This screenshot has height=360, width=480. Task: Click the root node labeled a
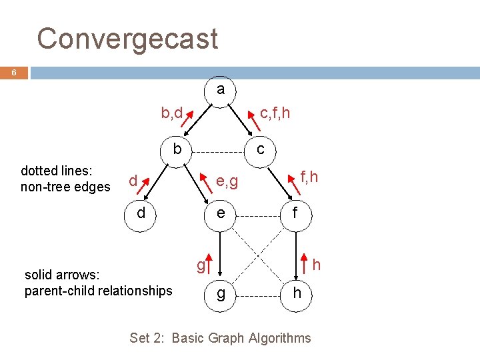[x=220, y=89]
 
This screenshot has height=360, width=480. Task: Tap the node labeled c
[x=261, y=149]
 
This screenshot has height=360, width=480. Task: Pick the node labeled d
[x=141, y=214]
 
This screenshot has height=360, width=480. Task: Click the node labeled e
[x=219, y=214]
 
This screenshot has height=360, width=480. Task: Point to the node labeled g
[x=219, y=293]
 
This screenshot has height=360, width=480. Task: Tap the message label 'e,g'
[x=227, y=181]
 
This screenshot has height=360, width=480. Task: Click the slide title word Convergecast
[x=127, y=39]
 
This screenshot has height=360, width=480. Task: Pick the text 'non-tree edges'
[x=65, y=187]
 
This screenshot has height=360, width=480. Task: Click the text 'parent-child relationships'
[x=98, y=291]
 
